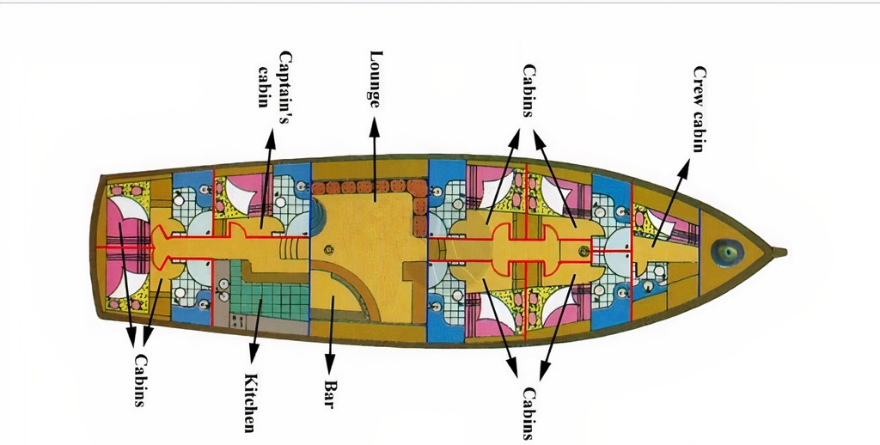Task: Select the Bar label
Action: pyautogui.click(x=330, y=394)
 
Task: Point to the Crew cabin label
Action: pyautogui.click(x=699, y=109)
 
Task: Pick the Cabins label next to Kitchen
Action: pyautogui.click(x=140, y=380)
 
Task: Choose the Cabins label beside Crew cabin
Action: pyautogui.click(x=529, y=90)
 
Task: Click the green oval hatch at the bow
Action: pyautogui.click(x=727, y=253)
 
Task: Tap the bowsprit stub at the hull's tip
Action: pyautogui.click(x=779, y=253)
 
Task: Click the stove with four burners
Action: pyautogui.click(x=237, y=321)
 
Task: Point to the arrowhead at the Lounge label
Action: pyautogui.click(x=375, y=127)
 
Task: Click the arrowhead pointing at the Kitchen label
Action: pyautogui.click(x=254, y=354)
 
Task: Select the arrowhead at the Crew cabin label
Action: pyautogui.click(x=684, y=168)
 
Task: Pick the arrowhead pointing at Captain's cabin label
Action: pyautogui.click(x=271, y=138)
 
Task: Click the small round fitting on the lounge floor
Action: pyautogui.click(x=329, y=251)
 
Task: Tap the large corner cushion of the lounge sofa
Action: pyautogui.click(x=418, y=188)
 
